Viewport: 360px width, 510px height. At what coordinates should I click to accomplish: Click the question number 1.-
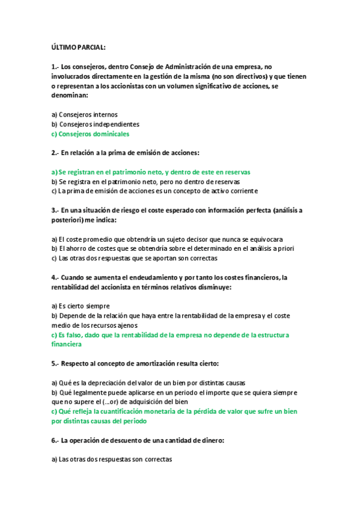[55, 67]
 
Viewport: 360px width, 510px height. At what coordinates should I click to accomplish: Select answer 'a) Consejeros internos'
[84, 114]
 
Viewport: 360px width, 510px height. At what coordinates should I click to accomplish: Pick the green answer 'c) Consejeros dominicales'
[90, 134]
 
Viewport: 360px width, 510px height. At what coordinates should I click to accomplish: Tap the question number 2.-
[55, 153]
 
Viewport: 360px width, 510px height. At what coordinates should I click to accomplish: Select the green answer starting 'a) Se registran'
[150, 172]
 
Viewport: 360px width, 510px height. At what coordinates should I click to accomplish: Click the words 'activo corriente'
[233, 191]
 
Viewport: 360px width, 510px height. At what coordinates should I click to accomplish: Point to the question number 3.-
[55, 210]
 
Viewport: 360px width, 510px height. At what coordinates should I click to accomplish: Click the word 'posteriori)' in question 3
[69, 220]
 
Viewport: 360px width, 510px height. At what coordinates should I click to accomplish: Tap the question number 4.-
[55, 277]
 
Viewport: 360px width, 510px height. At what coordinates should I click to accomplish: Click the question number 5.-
[55, 364]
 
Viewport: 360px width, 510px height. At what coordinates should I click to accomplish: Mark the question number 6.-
[55, 440]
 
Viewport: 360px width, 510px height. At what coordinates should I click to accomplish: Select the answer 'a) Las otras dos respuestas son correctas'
[112, 459]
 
